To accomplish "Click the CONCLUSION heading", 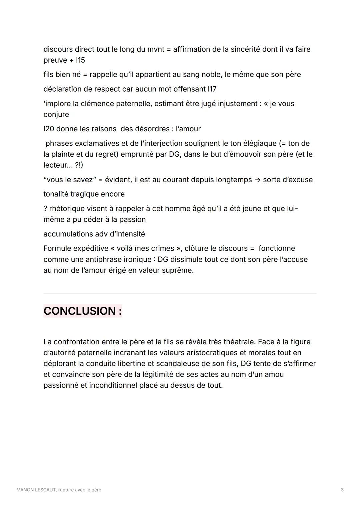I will click(82, 311).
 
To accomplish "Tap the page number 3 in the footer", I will click(342, 490).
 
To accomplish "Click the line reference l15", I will click(81, 60).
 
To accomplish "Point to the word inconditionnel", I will click(113, 385).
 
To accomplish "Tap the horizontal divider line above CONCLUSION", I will click(180, 294).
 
